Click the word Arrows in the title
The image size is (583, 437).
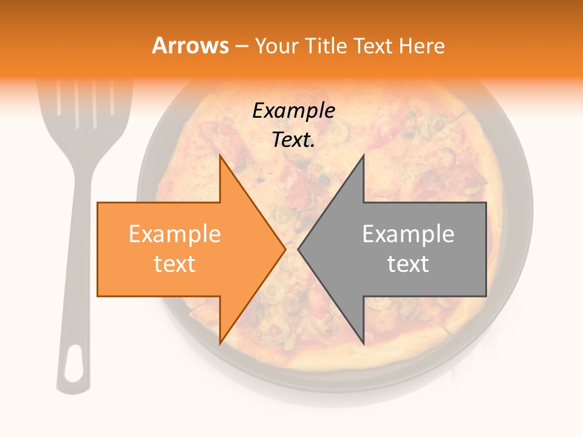click(190, 46)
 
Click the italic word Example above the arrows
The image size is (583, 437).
click(293, 111)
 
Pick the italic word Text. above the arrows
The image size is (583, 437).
click(293, 140)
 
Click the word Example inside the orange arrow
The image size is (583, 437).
click(174, 234)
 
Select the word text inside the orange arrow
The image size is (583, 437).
click(174, 264)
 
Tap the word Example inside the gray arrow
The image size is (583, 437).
click(408, 234)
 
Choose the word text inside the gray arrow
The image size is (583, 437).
click(408, 264)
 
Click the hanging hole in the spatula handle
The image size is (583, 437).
click(73, 364)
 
